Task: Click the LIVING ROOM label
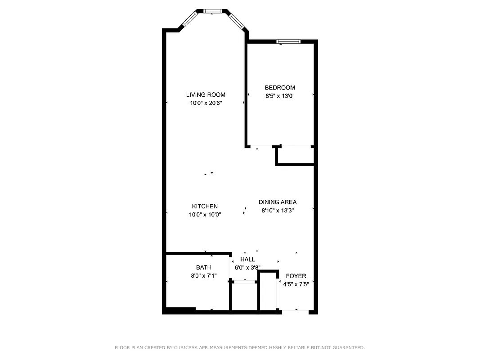click(x=206, y=94)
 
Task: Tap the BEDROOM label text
click(x=280, y=87)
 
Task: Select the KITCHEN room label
click(x=205, y=206)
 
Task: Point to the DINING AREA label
click(x=278, y=202)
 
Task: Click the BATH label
click(x=203, y=267)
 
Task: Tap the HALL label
click(x=247, y=259)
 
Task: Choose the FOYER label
click(x=296, y=276)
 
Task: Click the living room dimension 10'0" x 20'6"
click(x=206, y=103)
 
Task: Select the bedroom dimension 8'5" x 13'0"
click(x=280, y=95)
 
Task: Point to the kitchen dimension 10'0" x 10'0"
click(x=205, y=215)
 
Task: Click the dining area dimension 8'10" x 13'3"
click(x=278, y=210)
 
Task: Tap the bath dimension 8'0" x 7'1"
click(x=203, y=275)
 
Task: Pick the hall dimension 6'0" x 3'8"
click(x=247, y=267)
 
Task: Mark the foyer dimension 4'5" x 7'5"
click(x=296, y=284)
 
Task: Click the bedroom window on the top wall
click(x=288, y=41)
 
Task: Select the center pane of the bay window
click(x=211, y=11)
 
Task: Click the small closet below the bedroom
click(x=295, y=155)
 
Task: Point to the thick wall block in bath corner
click(x=180, y=310)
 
